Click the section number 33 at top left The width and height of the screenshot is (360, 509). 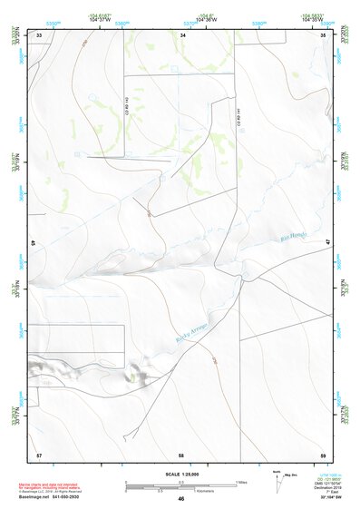[39, 34]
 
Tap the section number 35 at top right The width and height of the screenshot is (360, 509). [325, 34]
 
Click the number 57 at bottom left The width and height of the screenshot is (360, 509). [38, 454]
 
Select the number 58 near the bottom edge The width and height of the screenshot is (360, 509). [181, 454]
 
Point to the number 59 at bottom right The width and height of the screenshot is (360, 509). [324, 454]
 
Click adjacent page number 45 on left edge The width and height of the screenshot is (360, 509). [32, 243]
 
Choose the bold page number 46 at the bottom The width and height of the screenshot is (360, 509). [181, 499]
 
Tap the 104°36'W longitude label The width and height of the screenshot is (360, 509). [211, 19]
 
